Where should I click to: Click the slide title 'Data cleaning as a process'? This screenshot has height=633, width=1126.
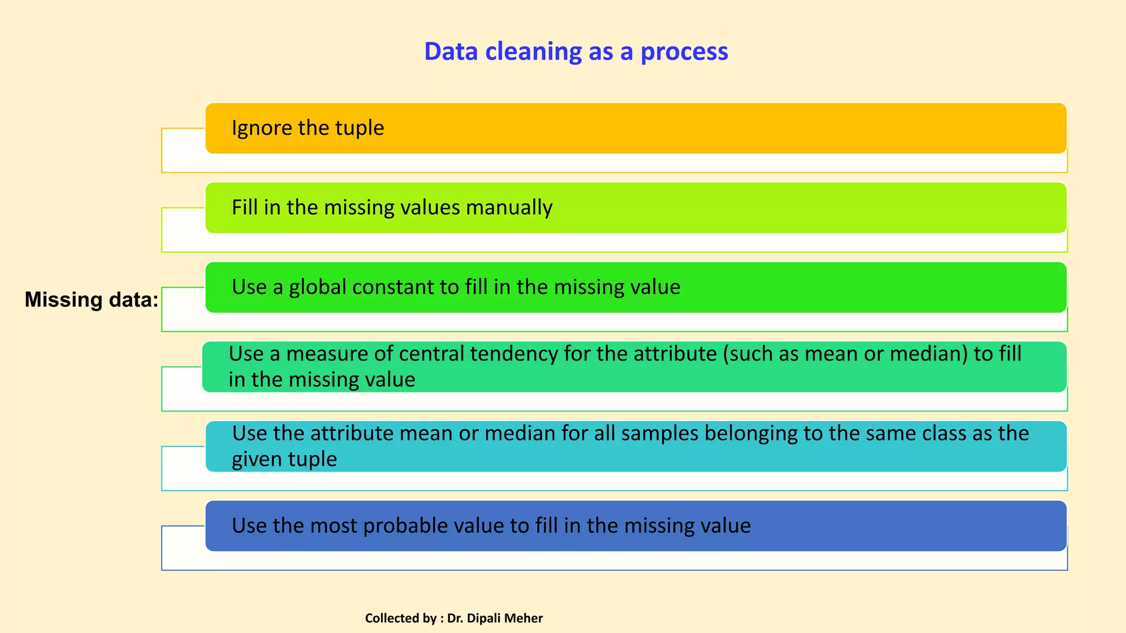click(576, 52)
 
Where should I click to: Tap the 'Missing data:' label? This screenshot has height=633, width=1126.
click(91, 299)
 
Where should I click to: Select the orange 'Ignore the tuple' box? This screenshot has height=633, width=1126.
click(636, 128)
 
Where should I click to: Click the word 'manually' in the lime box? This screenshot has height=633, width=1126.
click(509, 208)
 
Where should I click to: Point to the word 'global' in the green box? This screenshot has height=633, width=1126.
click(317, 287)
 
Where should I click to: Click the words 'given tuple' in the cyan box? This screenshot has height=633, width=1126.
click(284, 459)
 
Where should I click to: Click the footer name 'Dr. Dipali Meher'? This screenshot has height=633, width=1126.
click(494, 618)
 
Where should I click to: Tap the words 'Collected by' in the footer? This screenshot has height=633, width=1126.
click(400, 618)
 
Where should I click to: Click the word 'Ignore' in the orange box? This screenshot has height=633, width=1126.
click(262, 128)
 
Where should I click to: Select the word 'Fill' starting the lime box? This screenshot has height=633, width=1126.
click(244, 208)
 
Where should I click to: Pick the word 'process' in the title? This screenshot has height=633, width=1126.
click(684, 52)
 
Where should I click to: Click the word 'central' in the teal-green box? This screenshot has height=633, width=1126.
click(433, 354)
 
